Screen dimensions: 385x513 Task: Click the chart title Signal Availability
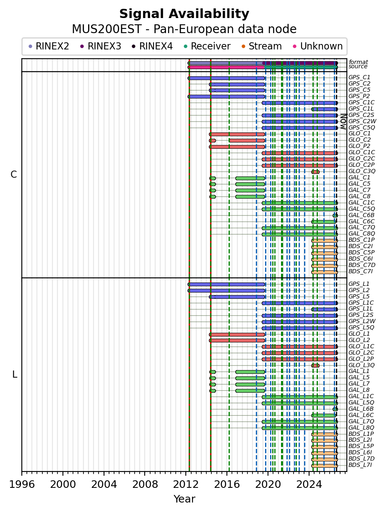[x=184, y=14]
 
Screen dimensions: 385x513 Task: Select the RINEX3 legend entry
[x=101, y=46]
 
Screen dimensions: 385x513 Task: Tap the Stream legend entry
[x=262, y=46]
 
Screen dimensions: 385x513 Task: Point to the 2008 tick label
[x=145, y=484]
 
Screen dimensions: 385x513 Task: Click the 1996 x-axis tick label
[x=22, y=484]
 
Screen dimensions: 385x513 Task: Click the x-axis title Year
[x=184, y=499]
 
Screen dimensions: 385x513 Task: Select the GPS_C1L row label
[x=361, y=109]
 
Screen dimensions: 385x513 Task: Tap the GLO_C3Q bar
[x=315, y=172]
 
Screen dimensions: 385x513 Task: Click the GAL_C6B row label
[x=361, y=215]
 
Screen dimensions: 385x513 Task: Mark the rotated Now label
[x=343, y=122]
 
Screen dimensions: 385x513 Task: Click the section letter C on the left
[x=13, y=174]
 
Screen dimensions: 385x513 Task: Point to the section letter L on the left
[x=15, y=374]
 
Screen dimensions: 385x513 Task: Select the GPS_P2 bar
[x=226, y=96]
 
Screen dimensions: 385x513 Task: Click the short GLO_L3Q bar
[x=315, y=365]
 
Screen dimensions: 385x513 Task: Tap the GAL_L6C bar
[x=323, y=415]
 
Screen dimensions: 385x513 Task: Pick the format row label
[x=358, y=62]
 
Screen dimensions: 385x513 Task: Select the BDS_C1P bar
[x=325, y=241]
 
